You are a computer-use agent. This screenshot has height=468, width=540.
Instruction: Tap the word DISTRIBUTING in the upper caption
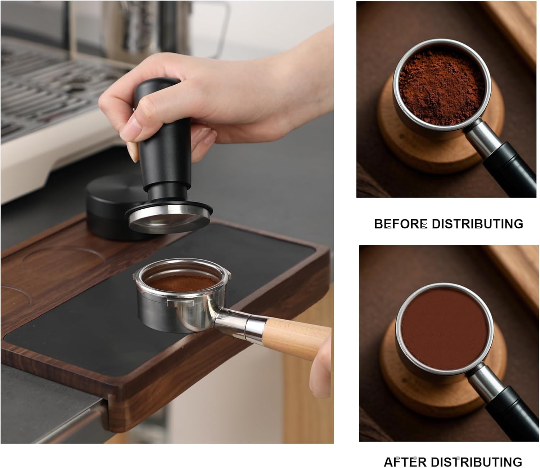(477, 224)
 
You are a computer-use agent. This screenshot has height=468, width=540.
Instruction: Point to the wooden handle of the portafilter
(295, 335)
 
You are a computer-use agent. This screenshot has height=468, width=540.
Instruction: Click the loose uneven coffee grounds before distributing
(441, 86)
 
